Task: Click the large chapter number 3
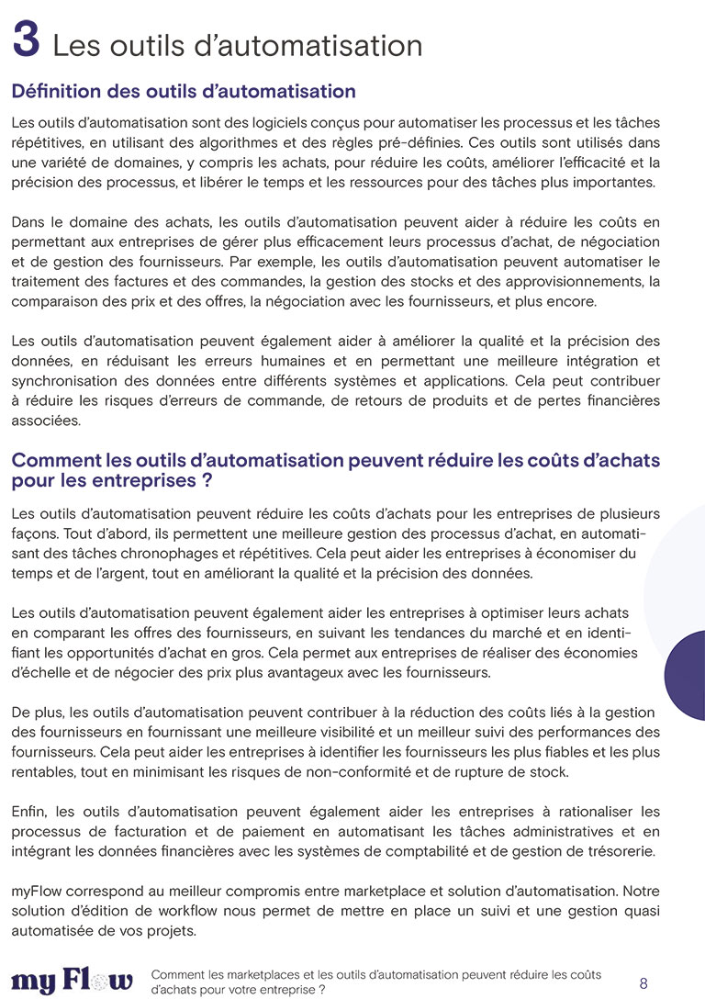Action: [x=28, y=43]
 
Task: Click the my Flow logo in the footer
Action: [x=72, y=981]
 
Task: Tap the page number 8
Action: [x=643, y=983]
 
